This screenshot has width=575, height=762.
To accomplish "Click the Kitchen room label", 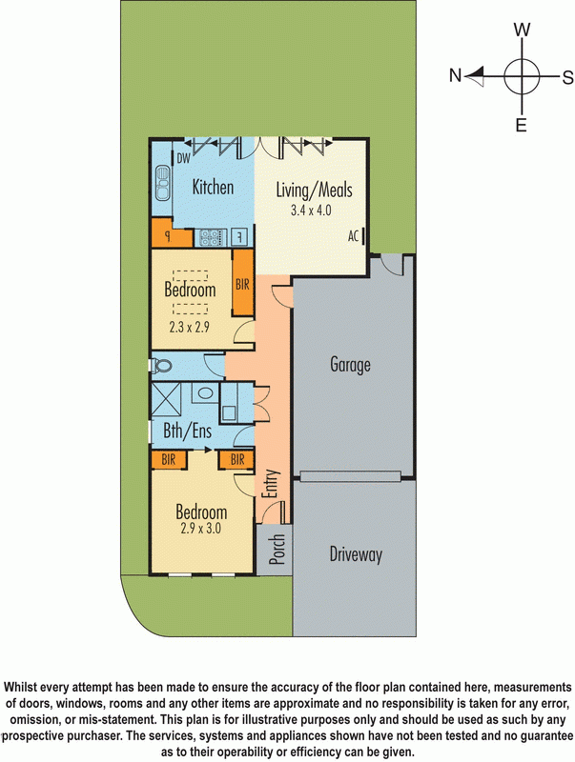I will click(x=213, y=188).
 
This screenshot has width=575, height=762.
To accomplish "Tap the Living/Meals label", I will click(x=314, y=190).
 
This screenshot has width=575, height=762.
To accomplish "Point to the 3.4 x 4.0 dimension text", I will click(x=311, y=211).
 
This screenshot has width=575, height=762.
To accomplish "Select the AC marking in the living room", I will click(x=352, y=235).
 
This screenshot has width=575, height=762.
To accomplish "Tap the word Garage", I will click(x=350, y=364).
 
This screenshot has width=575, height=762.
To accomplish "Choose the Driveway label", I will click(x=356, y=553).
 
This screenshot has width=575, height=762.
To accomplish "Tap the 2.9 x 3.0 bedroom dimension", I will click(x=199, y=528).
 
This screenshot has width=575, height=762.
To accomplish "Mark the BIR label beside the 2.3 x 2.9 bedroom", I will click(x=242, y=285).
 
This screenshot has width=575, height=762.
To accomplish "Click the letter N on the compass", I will click(x=456, y=75).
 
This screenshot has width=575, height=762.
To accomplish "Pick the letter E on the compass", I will click(x=521, y=125).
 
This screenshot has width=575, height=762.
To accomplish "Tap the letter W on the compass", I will click(x=522, y=30).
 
